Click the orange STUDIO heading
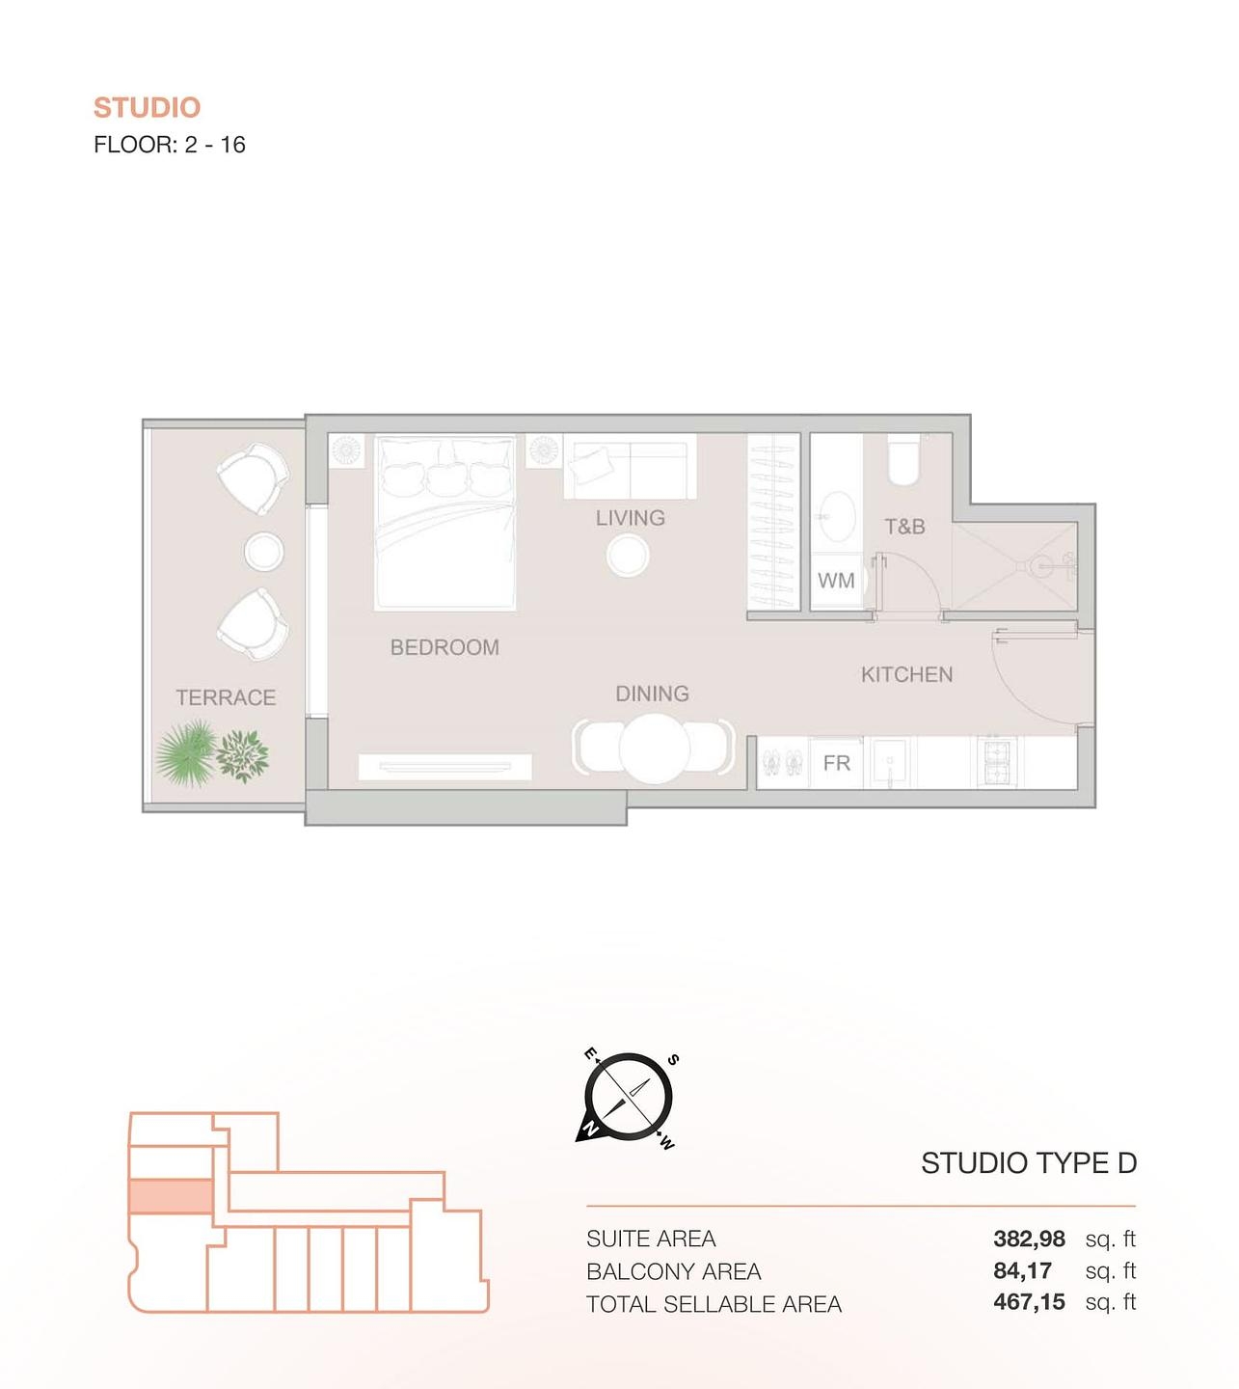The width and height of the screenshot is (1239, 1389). tap(147, 107)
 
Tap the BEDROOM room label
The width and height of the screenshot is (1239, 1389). tap(444, 647)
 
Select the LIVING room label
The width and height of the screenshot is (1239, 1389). tap(630, 518)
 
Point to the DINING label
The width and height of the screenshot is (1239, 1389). tap(652, 694)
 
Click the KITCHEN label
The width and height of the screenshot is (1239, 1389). tap(906, 674)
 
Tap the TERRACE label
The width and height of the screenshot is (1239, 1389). tap(226, 697)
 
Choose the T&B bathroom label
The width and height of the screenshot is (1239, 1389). tap(904, 527)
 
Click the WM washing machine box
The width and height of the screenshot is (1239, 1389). tap(836, 581)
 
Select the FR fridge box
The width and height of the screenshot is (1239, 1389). tap(837, 763)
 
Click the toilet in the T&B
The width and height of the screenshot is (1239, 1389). tap(904, 461)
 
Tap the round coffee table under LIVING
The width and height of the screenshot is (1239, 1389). tap(628, 556)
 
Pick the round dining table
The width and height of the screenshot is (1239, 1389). tap(654, 748)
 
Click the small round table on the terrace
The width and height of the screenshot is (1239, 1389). tap(263, 553)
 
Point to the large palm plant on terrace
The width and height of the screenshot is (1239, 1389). tap(185, 753)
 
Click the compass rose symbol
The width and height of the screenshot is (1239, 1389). tap(628, 1098)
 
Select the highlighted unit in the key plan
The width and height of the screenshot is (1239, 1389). tap(170, 1196)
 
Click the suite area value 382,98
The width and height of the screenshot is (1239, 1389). tap(1029, 1239)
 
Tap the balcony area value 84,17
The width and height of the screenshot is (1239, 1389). tap(1022, 1271)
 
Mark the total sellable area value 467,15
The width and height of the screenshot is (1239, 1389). tap(1029, 1303)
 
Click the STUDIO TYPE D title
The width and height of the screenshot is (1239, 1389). tap(1028, 1163)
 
